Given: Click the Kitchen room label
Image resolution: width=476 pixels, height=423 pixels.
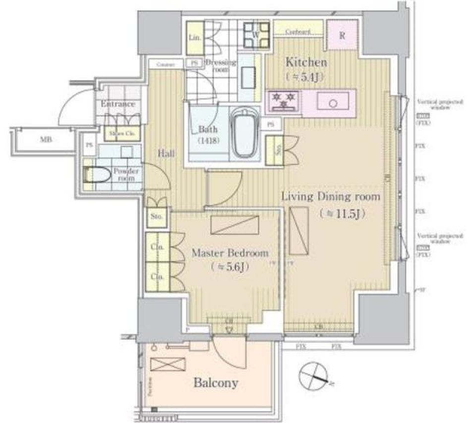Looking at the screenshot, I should click(305, 62).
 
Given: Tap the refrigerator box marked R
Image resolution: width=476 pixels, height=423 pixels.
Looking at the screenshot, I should click(342, 35).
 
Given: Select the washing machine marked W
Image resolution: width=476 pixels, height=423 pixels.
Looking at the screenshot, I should click(255, 34).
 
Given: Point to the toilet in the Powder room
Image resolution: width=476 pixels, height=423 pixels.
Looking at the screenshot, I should click(97, 174).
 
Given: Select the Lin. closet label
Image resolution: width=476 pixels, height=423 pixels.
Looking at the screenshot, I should click(194, 38).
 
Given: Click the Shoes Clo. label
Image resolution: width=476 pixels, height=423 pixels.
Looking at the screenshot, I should click(121, 134).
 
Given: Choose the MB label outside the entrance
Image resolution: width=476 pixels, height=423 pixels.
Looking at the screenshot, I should click(46, 140).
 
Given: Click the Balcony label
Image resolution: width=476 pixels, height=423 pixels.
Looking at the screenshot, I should click(216, 383).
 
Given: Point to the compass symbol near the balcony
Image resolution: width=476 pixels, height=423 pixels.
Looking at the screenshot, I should click(313, 374).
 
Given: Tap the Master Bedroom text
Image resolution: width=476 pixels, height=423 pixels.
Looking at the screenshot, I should click(230, 253).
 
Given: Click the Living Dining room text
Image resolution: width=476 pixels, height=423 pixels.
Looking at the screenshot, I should click(331, 197).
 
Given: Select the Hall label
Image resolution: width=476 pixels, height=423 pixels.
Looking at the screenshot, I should click(166, 154).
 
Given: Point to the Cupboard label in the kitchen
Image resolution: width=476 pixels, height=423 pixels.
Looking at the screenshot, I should click(298, 32).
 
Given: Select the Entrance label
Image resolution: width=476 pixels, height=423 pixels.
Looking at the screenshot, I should click(118, 104).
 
